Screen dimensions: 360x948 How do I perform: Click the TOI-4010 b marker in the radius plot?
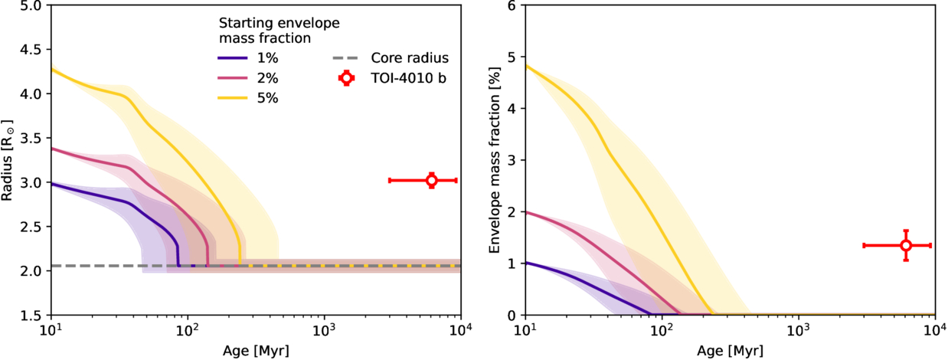click(431, 180)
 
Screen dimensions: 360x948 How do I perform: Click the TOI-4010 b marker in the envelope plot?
click(906, 245)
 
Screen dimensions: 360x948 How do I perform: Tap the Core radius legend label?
click(410, 58)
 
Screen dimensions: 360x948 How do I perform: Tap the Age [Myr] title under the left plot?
click(255, 352)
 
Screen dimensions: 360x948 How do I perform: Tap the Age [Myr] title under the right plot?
click(730, 352)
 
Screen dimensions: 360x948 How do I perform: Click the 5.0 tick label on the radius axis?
click(32, 5)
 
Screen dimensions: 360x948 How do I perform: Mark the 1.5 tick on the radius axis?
click(32, 315)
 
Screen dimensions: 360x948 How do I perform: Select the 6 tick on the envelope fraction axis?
click(514, 5)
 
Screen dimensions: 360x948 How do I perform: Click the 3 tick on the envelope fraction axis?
click(514, 160)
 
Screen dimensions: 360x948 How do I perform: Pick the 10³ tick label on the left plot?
click(324, 331)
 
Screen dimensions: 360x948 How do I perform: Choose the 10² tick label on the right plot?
click(662, 331)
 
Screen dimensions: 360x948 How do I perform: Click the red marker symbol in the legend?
click(347, 78)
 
